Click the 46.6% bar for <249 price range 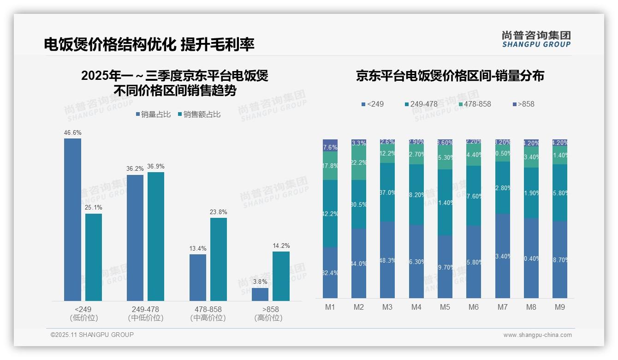72,220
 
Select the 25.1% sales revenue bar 94,257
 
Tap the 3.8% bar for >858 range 260,294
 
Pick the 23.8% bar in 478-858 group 219,259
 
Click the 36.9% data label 156,167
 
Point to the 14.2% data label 281,246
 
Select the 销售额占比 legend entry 199,114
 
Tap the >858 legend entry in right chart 523,104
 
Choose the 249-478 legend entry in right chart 421,104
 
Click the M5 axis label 445,307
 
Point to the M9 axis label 559,307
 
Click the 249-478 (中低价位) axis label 145,313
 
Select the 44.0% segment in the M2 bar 359,263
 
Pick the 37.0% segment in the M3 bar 387,192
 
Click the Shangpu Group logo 536,39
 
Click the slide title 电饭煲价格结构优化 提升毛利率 149,44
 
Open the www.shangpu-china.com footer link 537,335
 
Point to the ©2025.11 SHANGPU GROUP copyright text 92,335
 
